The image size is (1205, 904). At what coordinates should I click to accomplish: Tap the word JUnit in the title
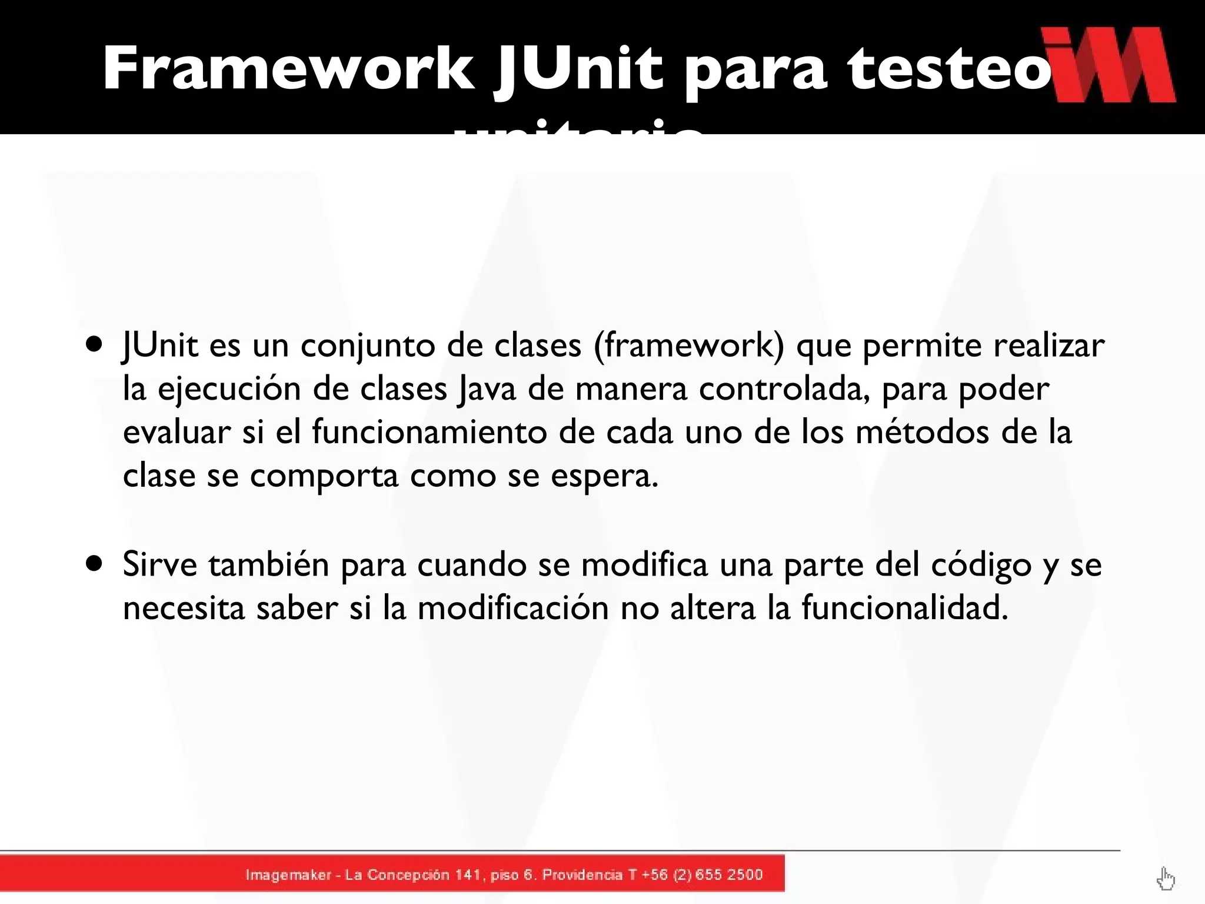pyautogui.click(x=579, y=69)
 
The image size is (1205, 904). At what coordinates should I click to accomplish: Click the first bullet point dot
pyautogui.click(x=94, y=343)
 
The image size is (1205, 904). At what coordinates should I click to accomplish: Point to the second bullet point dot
pyautogui.click(x=94, y=563)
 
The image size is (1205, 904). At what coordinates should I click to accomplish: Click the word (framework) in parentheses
pyautogui.click(x=689, y=345)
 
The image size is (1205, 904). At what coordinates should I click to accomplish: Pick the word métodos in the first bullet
pyautogui.click(x=922, y=432)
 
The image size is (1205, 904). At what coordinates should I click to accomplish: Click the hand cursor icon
pyautogui.click(x=1165, y=879)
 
